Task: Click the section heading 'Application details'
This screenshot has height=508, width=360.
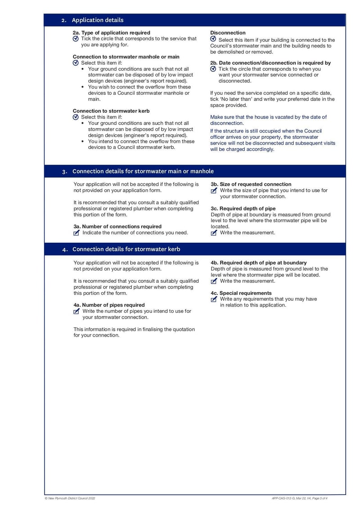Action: pos(98,20)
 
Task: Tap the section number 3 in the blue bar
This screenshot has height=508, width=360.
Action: pos(65,171)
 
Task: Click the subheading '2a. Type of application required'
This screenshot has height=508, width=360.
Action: pos(111,33)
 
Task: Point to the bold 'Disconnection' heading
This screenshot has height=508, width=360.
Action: pos(228,33)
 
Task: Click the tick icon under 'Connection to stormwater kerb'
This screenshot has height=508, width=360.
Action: pos(76,117)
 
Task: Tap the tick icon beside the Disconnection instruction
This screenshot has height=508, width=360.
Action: pos(213,40)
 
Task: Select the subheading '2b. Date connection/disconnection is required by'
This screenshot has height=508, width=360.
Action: pos(270,63)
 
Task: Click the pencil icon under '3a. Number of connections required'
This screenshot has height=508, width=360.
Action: pos(76,233)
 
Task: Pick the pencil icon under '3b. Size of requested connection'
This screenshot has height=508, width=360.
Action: pos(214,191)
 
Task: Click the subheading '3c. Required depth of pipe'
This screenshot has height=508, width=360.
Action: pos(243,209)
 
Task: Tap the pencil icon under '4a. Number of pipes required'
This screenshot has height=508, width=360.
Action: pos(76,311)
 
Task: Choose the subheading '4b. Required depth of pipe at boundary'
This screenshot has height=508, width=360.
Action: pos(258,263)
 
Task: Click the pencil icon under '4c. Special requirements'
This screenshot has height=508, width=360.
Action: pos(214,299)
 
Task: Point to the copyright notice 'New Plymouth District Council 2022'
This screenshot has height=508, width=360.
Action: pos(70,498)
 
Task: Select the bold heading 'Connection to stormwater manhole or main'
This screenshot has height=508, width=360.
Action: pos(126,57)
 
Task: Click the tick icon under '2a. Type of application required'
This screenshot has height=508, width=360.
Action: pos(76,39)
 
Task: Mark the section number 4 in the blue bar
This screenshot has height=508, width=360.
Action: pos(65,250)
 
